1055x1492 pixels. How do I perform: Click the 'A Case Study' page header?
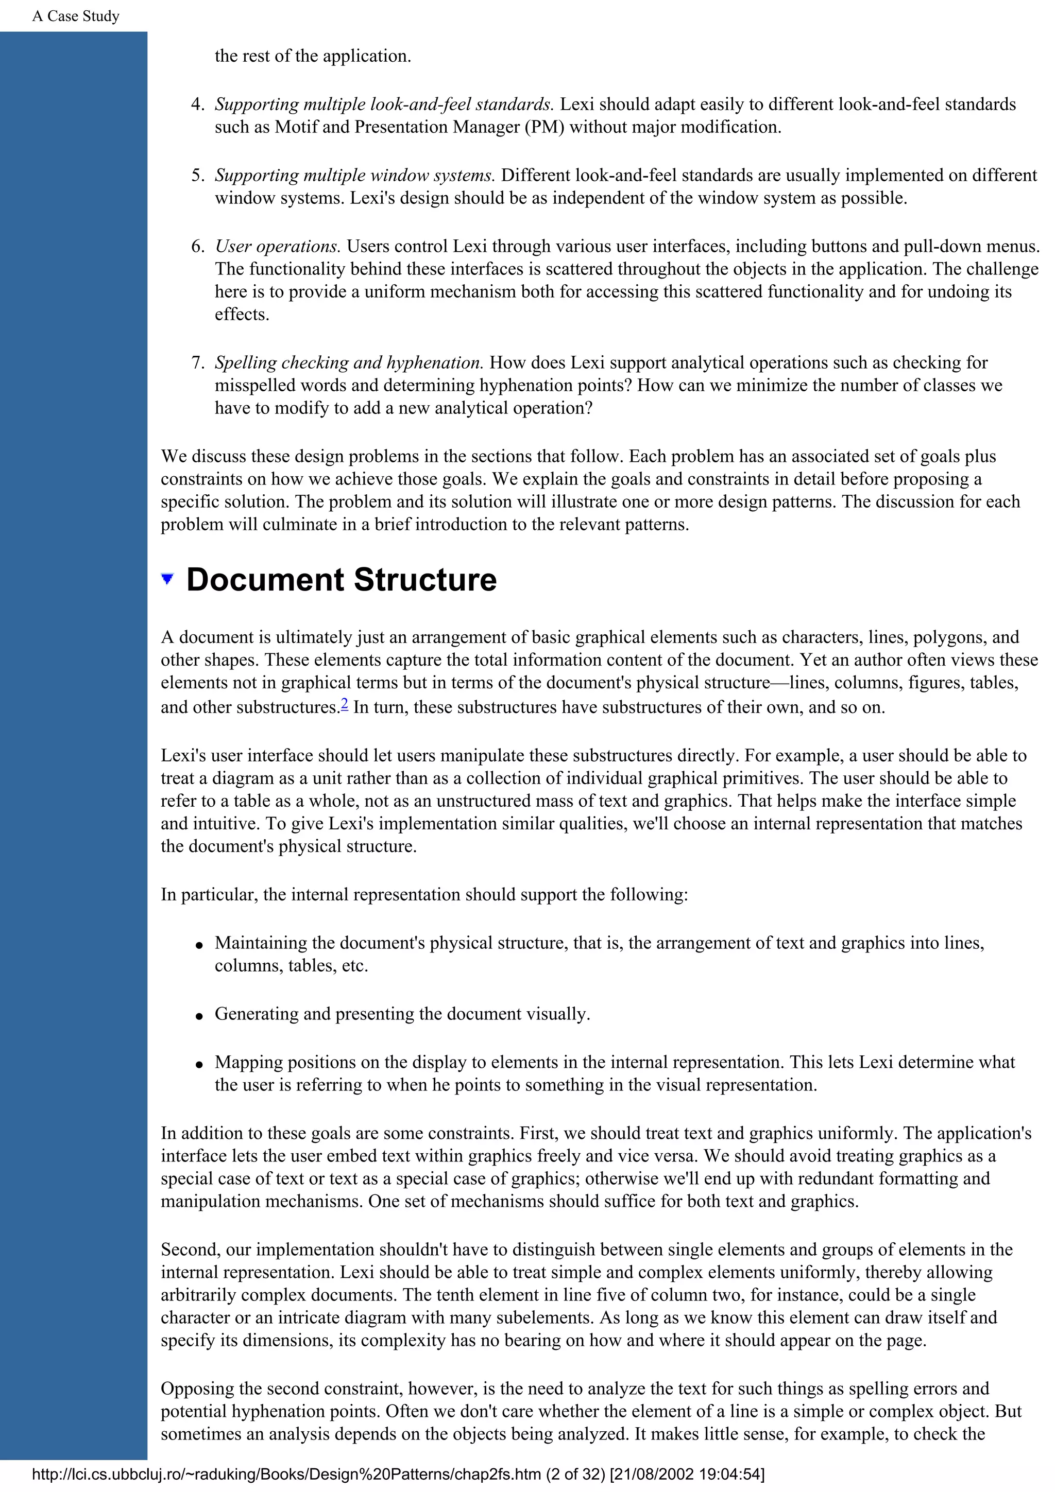[75, 16]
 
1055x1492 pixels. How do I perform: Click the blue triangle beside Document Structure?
[167, 578]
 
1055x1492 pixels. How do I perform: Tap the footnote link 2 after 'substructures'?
[345, 703]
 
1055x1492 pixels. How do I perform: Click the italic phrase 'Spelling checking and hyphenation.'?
[349, 362]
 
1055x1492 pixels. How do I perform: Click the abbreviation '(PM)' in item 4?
[544, 127]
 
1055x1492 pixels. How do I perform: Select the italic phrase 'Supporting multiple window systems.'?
[355, 176]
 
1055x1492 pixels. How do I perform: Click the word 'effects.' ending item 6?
[242, 315]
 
